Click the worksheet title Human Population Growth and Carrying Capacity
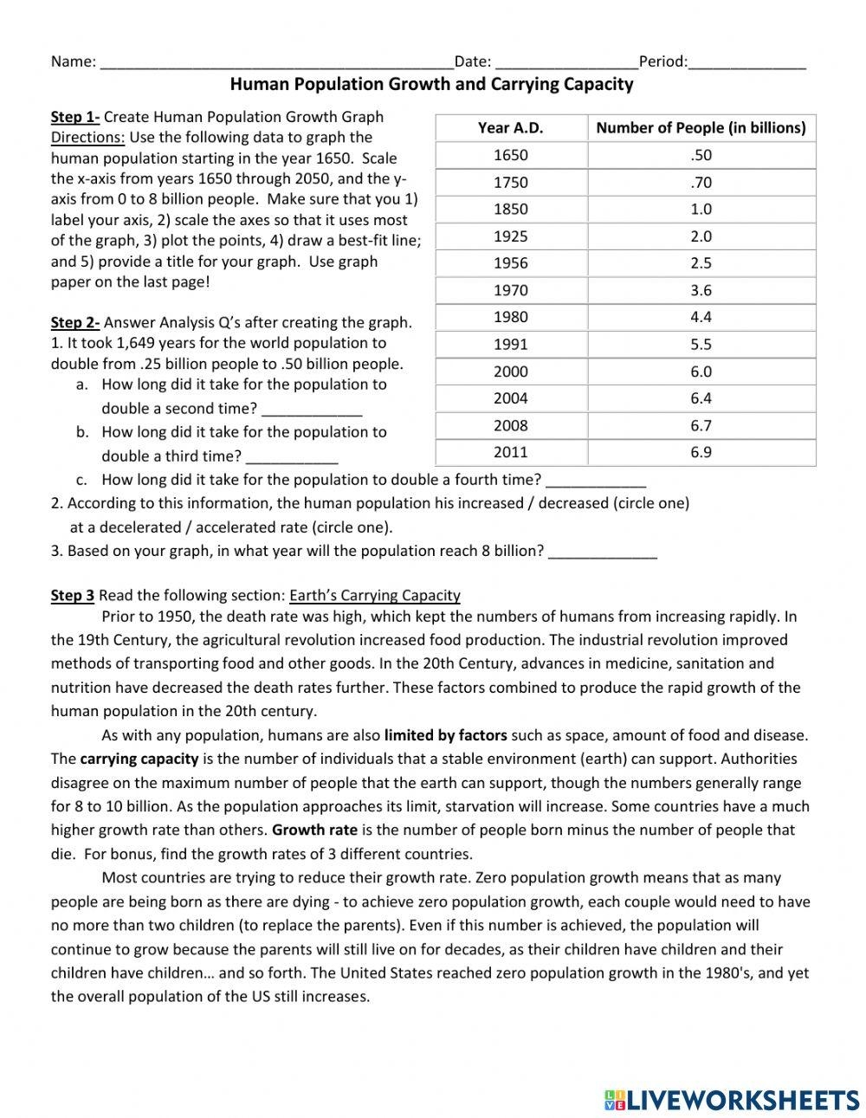pos(431,84)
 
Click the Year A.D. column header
pos(510,128)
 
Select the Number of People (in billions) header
pos(701,128)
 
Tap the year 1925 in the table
pos(510,236)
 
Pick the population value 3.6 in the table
pos(701,290)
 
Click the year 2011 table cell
pos(510,452)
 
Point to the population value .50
pos(701,155)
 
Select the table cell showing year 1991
pos(510,345)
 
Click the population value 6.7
pos(701,425)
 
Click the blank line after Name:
pos(277,63)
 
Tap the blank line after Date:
pos(566,63)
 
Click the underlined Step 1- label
pos(75,117)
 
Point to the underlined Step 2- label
pos(75,323)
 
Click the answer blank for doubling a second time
pos(311,410)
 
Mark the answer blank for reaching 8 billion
pos(603,553)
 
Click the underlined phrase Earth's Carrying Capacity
pos(375,596)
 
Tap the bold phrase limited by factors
pos(446,735)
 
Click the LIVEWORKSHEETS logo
pos(732,1100)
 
